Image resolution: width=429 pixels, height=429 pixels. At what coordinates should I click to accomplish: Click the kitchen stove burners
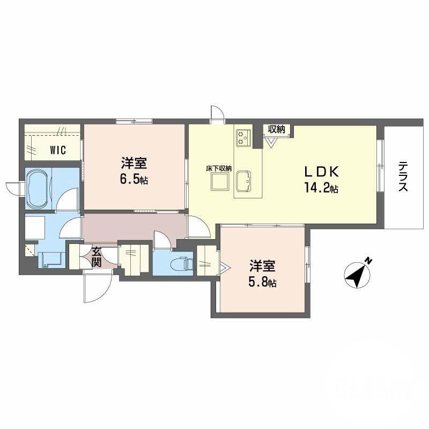(242, 137)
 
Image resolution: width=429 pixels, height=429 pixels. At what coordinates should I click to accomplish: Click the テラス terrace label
(403, 177)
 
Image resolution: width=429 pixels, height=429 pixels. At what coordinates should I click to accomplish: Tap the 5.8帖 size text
(262, 282)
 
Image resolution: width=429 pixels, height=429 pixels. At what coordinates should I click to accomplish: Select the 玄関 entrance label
(97, 256)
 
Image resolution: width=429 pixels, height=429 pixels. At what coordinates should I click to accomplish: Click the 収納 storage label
(276, 129)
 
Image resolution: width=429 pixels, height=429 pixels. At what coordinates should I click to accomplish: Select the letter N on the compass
(368, 261)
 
